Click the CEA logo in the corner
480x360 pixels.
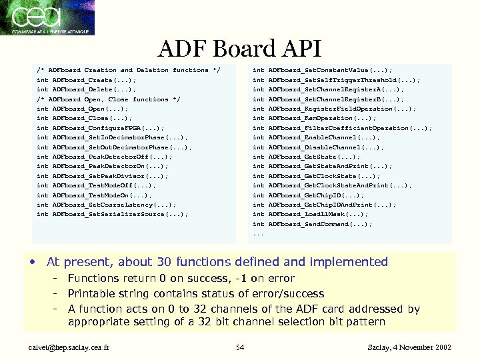click(x=48, y=18)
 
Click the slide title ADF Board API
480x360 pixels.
click(x=239, y=49)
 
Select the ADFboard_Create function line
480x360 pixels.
click(x=87, y=79)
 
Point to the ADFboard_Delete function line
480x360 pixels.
click(x=87, y=89)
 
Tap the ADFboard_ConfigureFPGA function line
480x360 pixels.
click(x=100, y=127)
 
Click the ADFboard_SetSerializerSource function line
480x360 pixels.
click(x=112, y=214)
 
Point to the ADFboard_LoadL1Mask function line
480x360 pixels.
click(x=310, y=214)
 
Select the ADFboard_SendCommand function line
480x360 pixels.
click(x=313, y=224)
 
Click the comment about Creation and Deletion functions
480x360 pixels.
click(x=128, y=69)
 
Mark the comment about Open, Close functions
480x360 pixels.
click(x=108, y=99)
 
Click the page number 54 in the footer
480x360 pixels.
click(x=241, y=347)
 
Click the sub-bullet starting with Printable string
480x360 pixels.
click(x=196, y=293)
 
